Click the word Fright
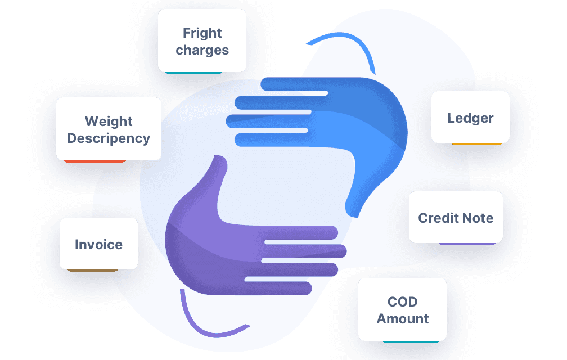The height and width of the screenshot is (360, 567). pos(202,33)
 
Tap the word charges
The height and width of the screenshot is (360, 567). pos(202,50)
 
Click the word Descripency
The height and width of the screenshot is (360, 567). pos(109,139)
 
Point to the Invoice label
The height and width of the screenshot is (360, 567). pos(99,245)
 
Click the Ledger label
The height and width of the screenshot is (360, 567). pos(470,119)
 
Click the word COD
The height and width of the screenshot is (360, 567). pos(403,302)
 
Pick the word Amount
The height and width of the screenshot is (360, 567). pos(403,319)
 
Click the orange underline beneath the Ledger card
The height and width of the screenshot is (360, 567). pos(476,144)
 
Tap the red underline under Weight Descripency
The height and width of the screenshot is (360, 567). pos(94,161)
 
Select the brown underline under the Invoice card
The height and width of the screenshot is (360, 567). pos(93,271)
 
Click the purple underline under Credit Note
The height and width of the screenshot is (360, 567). pos(467,244)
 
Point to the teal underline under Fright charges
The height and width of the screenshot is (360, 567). pos(194,73)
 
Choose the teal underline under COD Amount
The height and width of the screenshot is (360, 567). pos(411,341)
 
